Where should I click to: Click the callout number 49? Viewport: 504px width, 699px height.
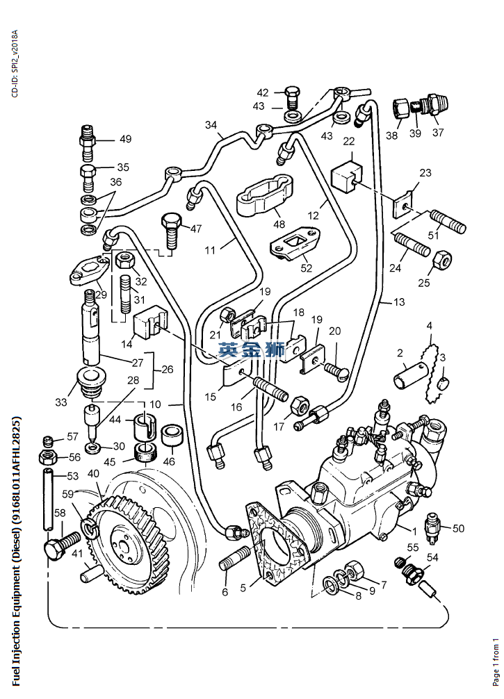point(125,139)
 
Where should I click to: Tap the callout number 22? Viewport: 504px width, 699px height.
point(349,142)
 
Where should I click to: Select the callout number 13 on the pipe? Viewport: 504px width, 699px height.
point(398,302)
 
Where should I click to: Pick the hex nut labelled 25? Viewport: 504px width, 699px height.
point(444,262)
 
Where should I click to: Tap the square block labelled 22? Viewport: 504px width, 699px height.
point(348,176)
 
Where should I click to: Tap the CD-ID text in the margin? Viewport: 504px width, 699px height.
point(15,63)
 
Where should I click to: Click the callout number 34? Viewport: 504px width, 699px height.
point(211,125)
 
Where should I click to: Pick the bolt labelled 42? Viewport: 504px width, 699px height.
point(291,95)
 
